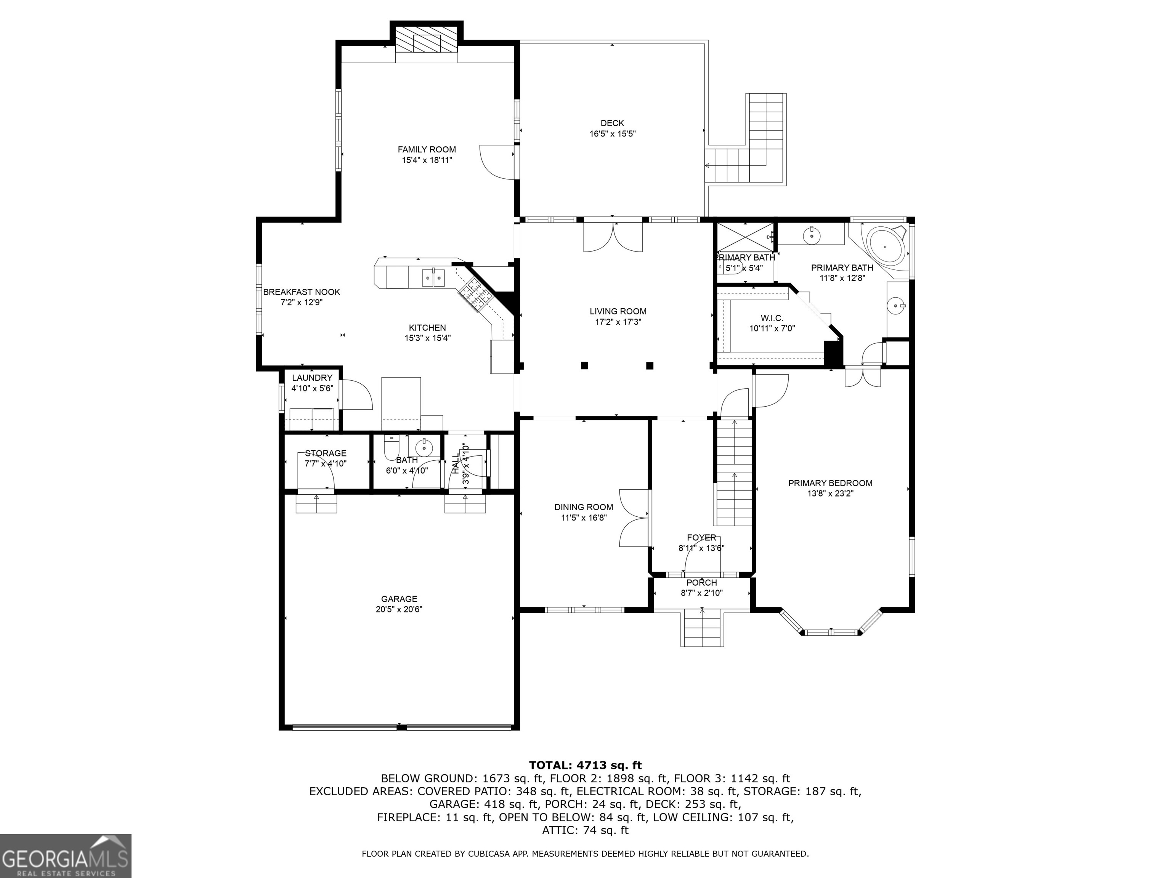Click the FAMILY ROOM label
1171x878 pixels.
pos(427,150)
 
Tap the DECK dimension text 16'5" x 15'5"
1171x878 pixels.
pos(613,134)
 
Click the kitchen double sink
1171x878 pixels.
pos(433,278)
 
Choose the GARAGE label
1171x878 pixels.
pos(399,599)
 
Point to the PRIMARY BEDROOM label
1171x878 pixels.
pos(830,483)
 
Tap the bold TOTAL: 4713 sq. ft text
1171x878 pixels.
pos(585,765)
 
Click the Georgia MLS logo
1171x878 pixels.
pos(66,856)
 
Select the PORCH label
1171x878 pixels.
pos(701,583)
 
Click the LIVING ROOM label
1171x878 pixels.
pos(618,311)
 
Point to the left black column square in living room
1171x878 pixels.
pos(584,365)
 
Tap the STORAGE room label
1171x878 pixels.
pos(326,453)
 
